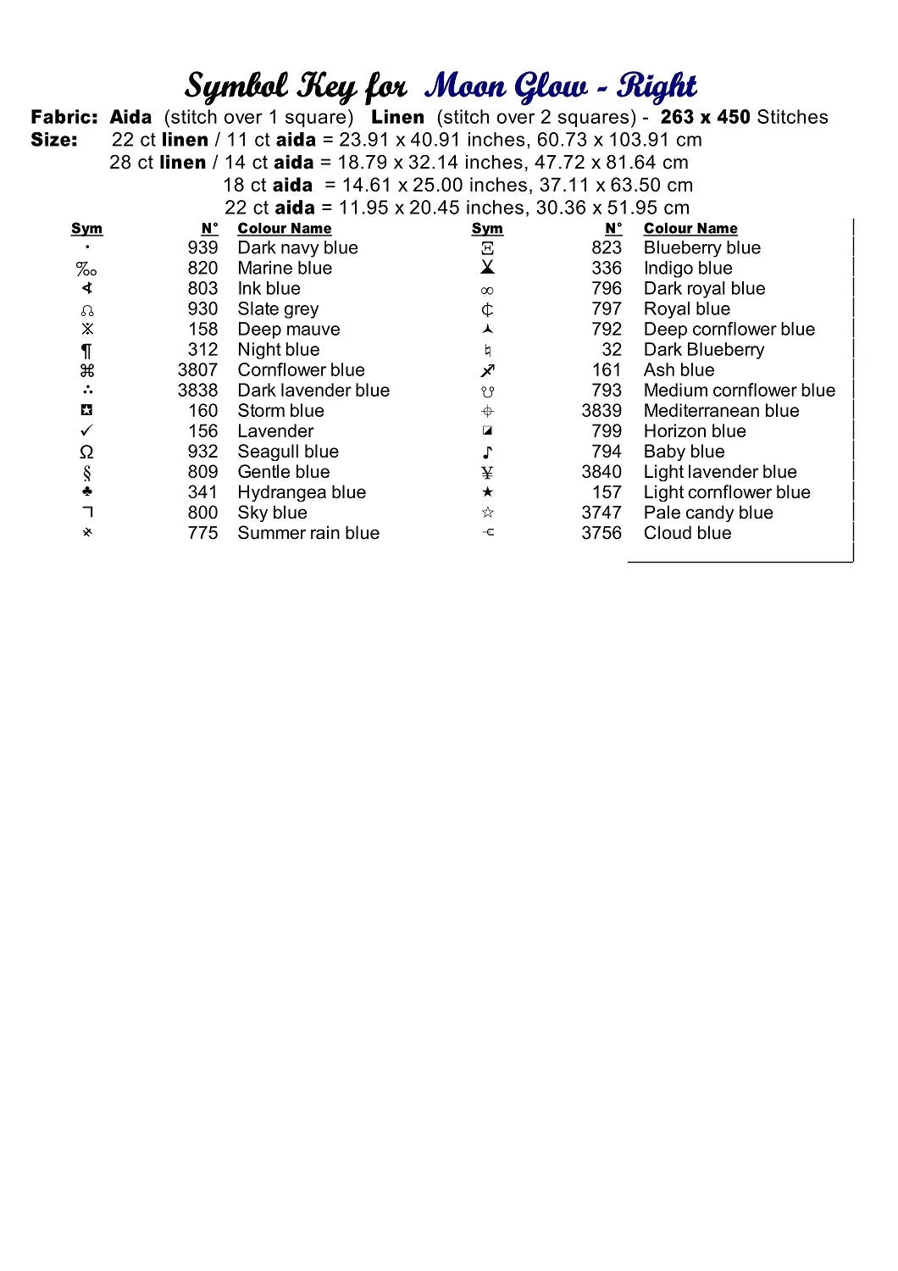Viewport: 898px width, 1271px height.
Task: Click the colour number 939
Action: pyautogui.click(x=202, y=247)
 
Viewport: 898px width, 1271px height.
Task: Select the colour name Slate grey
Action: pyautogui.click(x=278, y=309)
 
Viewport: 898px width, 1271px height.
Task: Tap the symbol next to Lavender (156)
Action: pyautogui.click(x=86, y=431)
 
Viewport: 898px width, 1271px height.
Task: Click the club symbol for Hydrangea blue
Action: pyautogui.click(x=87, y=492)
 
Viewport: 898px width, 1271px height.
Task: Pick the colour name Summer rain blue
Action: pyautogui.click(x=308, y=533)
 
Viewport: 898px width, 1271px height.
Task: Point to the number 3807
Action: pyautogui.click(x=197, y=370)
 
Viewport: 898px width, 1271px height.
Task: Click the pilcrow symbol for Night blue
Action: pyautogui.click(x=86, y=350)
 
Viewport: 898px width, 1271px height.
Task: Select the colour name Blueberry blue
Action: pyautogui.click(x=701, y=247)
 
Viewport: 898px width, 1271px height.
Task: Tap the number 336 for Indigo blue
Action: pyautogui.click(x=607, y=268)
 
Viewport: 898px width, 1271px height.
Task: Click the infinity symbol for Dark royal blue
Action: pyautogui.click(x=487, y=290)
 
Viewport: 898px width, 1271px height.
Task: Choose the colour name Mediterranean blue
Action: pyautogui.click(x=721, y=411)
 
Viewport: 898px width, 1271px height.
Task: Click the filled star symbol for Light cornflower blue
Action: pyautogui.click(x=487, y=492)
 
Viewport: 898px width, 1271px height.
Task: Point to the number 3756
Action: pyautogui.click(x=601, y=533)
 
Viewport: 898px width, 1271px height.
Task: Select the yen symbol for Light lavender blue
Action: pyautogui.click(x=487, y=473)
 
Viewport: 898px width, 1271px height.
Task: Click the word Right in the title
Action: pyautogui.click(x=657, y=86)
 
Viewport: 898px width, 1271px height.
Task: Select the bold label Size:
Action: pyautogui.click(x=54, y=140)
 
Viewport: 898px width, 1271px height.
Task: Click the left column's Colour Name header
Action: pyautogui.click(x=284, y=229)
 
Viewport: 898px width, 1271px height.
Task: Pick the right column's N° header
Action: pyautogui.click(x=613, y=229)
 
